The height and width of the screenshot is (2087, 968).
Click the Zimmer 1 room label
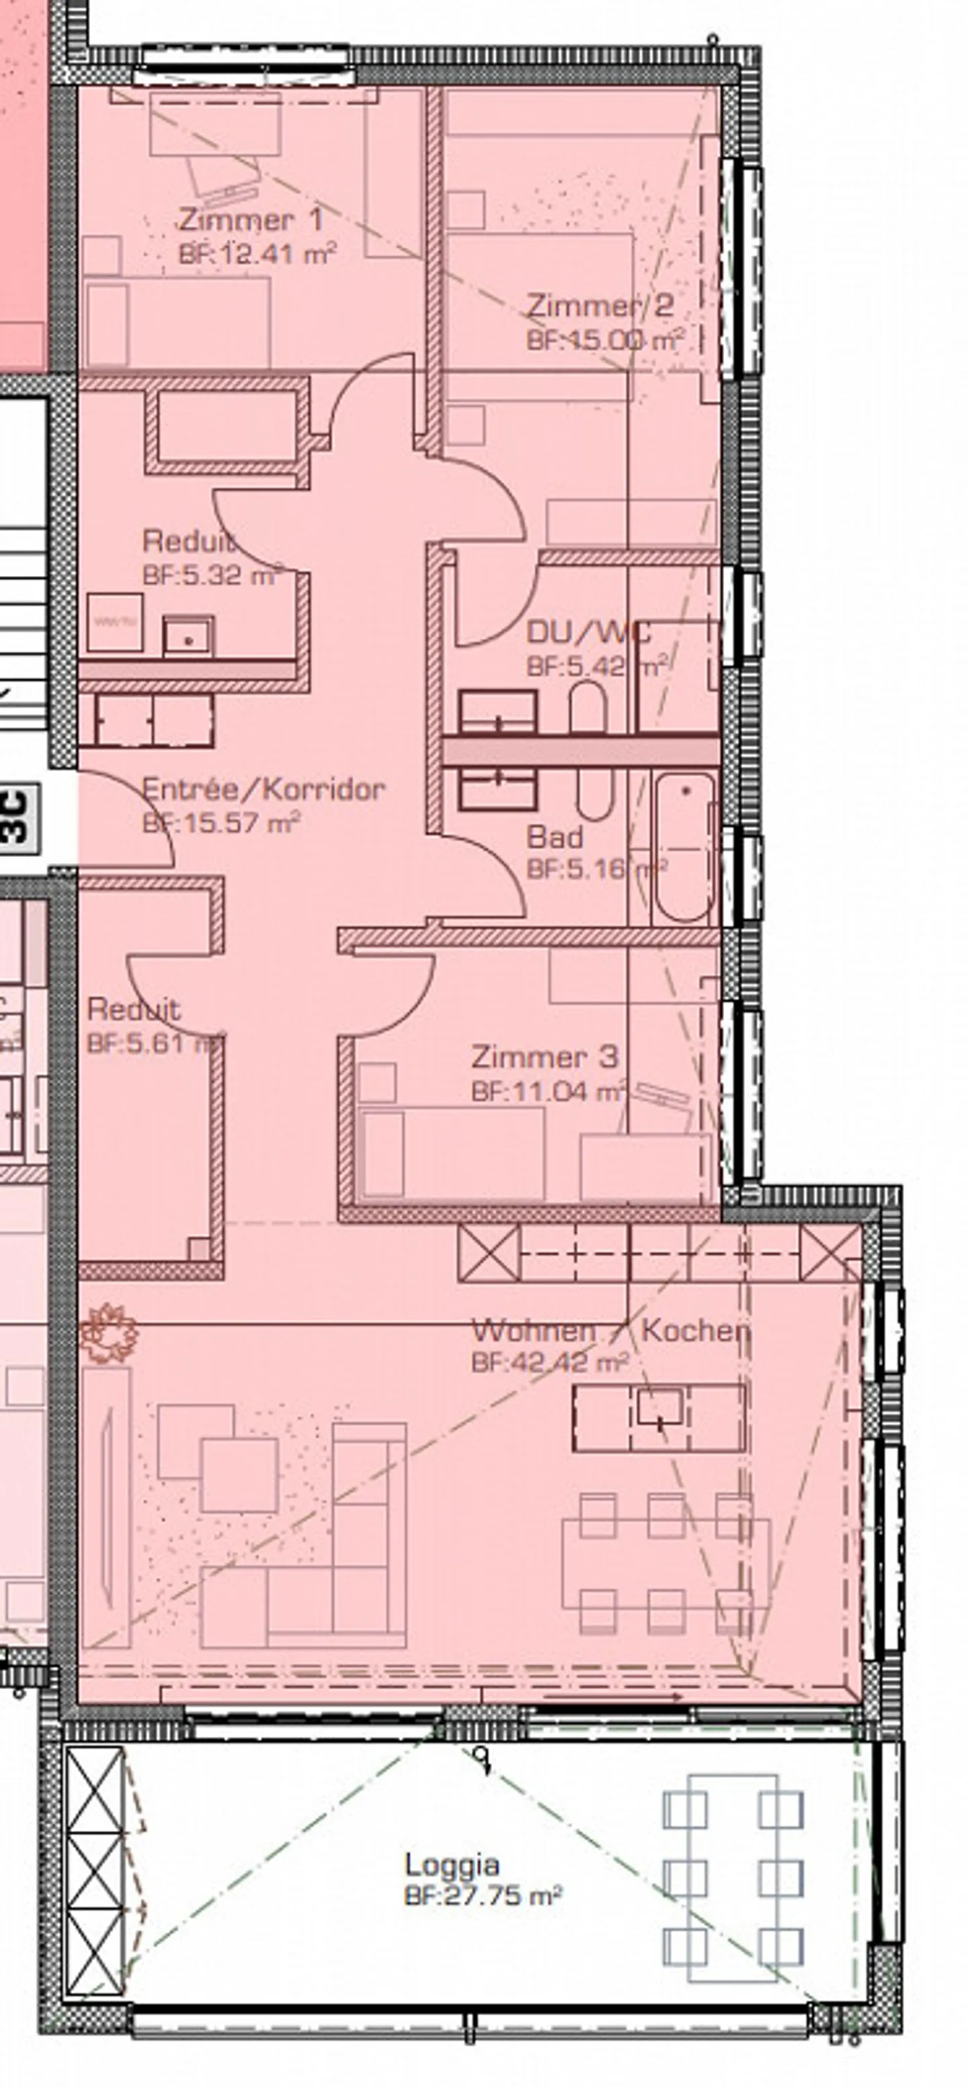tap(250, 220)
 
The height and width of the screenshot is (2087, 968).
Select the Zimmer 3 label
tap(544, 1057)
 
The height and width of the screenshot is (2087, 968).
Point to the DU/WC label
tap(588, 632)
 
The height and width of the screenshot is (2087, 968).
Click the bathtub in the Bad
tap(684, 849)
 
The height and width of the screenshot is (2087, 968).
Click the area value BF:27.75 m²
tap(483, 1896)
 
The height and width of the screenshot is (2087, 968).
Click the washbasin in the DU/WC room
tap(497, 711)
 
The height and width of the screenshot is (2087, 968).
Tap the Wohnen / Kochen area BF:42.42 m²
tap(550, 1362)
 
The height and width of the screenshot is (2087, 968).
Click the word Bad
tap(554, 837)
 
